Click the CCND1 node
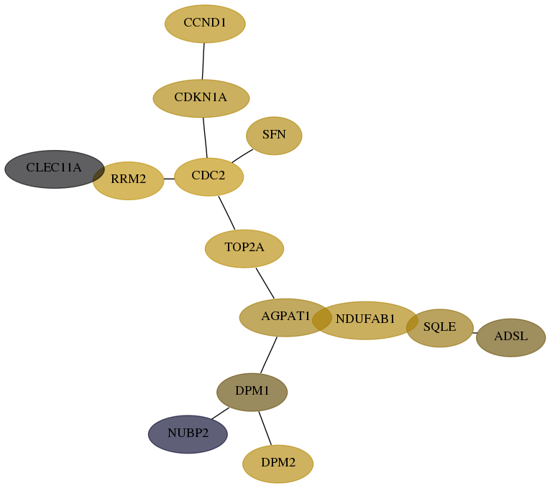(x=205, y=24)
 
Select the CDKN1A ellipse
(x=201, y=98)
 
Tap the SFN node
(x=274, y=136)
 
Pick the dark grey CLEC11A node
(x=55, y=169)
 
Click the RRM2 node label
(x=129, y=179)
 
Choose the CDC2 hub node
(x=208, y=177)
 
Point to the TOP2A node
(x=244, y=248)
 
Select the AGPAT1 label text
(x=285, y=316)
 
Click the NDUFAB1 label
(x=365, y=319)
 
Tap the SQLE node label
(x=439, y=327)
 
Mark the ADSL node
(x=510, y=337)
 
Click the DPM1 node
(x=252, y=392)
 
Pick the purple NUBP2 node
(x=188, y=434)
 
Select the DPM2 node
(x=278, y=464)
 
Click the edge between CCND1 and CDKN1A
(x=203, y=61)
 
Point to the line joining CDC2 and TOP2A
(x=226, y=213)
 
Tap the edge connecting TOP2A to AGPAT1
(x=265, y=283)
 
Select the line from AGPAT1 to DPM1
(x=269, y=355)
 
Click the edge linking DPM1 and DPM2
(x=265, y=428)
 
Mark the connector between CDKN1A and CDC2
(x=205, y=138)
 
